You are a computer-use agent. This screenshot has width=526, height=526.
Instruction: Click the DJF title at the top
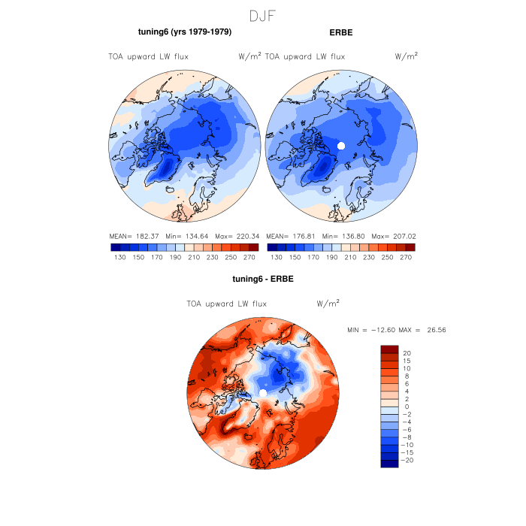(x=263, y=16)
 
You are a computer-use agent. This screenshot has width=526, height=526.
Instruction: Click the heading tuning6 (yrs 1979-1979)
(x=184, y=32)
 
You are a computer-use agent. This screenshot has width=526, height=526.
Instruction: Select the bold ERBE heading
(x=341, y=32)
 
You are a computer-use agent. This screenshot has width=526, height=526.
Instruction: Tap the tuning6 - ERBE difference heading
(x=262, y=279)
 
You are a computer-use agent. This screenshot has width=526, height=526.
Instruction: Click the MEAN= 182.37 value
(x=136, y=235)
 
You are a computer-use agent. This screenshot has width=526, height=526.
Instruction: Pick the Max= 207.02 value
(x=389, y=235)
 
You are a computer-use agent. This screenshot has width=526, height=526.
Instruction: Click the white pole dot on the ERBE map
(x=340, y=146)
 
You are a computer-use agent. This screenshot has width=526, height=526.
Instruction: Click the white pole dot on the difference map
(x=262, y=393)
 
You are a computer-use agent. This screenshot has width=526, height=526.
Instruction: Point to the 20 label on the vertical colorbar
(x=407, y=352)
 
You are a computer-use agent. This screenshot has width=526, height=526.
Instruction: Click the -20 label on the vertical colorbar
(x=409, y=461)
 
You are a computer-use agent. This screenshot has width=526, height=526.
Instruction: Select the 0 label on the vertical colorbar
(x=407, y=407)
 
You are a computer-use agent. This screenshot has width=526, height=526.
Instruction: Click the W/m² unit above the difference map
(x=328, y=304)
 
